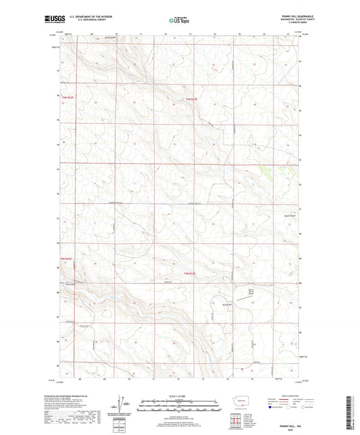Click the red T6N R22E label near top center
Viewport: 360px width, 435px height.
click(195, 100)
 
